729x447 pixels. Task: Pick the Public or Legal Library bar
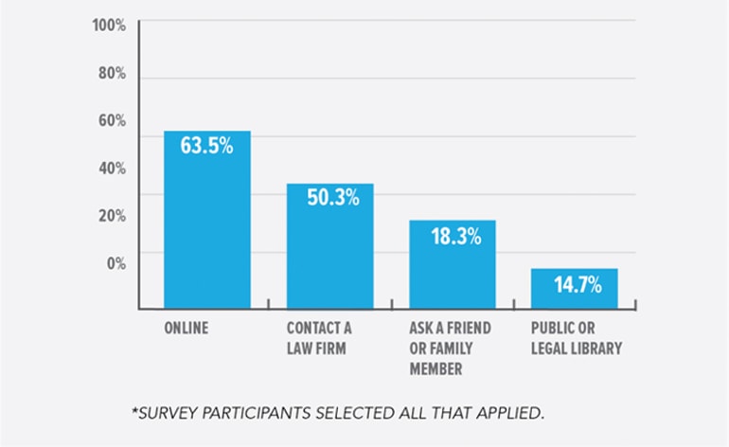(575, 289)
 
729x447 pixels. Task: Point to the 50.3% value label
(330, 198)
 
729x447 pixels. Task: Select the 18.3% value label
(453, 236)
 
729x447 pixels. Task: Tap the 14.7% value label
(575, 283)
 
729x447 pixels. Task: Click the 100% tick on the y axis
(109, 26)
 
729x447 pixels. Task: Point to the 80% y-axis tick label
(112, 74)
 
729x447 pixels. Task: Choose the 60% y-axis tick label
(112, 121)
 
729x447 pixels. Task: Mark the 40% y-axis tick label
(112, 169)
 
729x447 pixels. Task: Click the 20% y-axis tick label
(112, 216)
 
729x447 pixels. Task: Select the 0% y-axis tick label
(116, 263)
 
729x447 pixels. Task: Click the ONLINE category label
(187, 329)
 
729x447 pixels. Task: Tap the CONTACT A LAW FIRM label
(319, 338)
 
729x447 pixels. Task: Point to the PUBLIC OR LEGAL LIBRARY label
(577, 338)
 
